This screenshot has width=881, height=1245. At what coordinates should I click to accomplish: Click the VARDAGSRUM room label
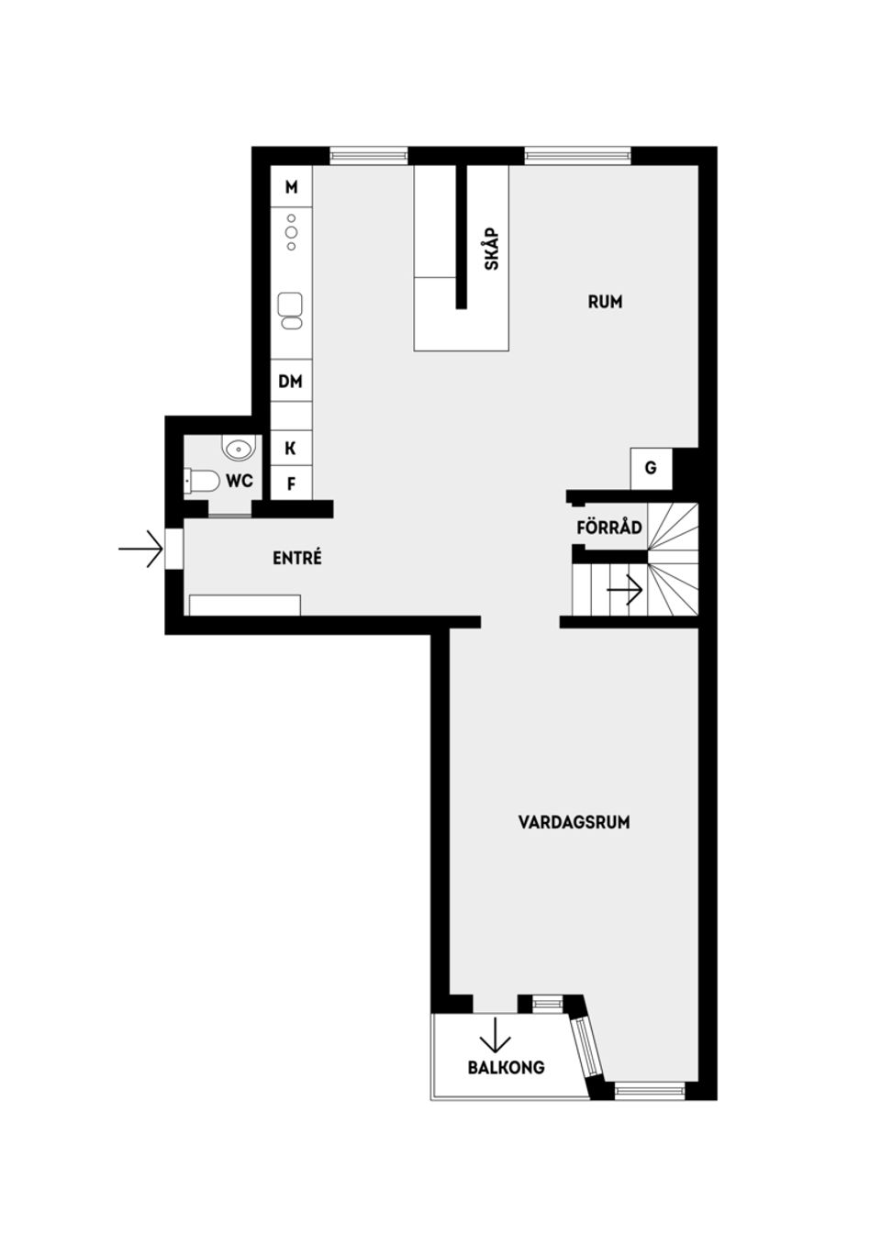pyautogui.click(x=574, y=822)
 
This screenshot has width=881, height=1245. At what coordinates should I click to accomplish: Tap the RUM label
pyautogui.click(x=605, y=301)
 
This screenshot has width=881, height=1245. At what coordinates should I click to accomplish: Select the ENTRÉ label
pyautogui.click(x=297, y=557)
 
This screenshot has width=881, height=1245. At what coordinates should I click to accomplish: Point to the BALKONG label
pyautogui.click(x=506, y=1067)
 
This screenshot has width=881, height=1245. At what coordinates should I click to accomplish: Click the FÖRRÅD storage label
pyautogui.click(x=608, y=528)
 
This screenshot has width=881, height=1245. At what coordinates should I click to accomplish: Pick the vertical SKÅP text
pyautogui.click(x=492, y=248)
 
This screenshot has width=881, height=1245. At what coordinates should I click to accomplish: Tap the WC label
pyautogui.click(x=240, y=481)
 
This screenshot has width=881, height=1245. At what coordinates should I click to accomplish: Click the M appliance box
pyautogui.click(x=291, y=187)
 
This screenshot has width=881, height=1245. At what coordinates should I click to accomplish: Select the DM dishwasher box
pyautogui.click(x=291, y=381)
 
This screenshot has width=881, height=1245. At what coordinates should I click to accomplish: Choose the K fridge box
pyautogui.click(x=291, y=448)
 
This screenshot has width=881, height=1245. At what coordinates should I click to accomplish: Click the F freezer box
pyautogui.click(x=291, y=483)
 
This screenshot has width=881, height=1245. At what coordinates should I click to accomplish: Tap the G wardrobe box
pyautogui.click(x=651, y=468)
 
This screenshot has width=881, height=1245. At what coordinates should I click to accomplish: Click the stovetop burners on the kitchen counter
pyautogui.click(x=291, y=232)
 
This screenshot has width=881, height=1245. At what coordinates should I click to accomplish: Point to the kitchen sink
pyautogui.click(x=291, y=309)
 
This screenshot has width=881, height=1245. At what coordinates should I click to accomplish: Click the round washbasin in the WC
pyautogui.click(x=238, y=449)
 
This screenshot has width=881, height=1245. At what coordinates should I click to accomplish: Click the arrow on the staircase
pyautogui.click(x=625, y=589)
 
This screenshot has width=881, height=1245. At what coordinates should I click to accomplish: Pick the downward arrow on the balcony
pyautogui.click(x=495, y=1034)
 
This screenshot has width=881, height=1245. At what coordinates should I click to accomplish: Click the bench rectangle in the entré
pyautogui.click(x=244, y=604)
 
